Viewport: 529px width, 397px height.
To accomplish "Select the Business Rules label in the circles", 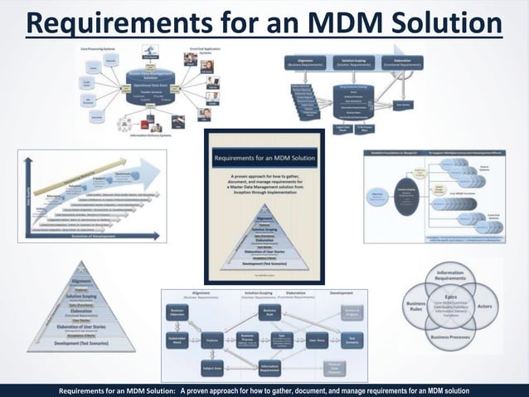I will tap(415, 308).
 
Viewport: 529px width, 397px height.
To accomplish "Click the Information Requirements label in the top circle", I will tap(450, 276).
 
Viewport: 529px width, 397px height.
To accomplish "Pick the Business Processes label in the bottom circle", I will tap(450, 340).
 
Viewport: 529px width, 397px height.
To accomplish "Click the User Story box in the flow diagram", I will tap(316, 340).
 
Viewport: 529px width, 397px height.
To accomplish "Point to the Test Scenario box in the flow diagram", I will tap(352, 340).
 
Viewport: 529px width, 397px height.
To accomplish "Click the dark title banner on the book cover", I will tap(264, 157).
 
